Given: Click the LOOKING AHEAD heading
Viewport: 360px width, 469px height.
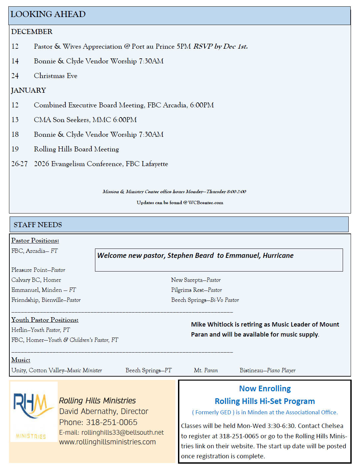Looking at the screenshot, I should [x=48, y=14].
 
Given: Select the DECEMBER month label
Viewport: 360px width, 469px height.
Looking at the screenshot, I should [x=32, y=32].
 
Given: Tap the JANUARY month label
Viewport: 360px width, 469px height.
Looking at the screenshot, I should [x=28, y=90].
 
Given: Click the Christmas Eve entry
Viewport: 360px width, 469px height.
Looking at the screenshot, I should [x=55, y=76].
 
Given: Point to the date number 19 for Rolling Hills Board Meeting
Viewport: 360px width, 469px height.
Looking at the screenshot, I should [x=15, y=149].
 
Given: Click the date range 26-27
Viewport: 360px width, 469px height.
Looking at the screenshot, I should [x=19, y=164].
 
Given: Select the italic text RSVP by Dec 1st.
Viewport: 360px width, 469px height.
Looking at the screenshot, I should [x=220, y=46].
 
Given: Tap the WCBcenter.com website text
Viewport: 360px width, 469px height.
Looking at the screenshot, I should [x=206, y=202].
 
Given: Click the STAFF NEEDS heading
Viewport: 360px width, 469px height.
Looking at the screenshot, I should [x=38, y=225].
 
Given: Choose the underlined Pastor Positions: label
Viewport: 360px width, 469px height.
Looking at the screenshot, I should [x=35, y=241].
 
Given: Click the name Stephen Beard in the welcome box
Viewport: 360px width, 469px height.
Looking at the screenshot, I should [x=190, y=256].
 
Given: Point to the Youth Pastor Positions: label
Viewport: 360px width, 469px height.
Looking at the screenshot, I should [x=45, y=320].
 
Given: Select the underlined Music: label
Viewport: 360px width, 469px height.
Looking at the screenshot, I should [x=21, y=360].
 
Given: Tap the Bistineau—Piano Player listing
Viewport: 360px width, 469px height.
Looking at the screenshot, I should [x=267, y=370].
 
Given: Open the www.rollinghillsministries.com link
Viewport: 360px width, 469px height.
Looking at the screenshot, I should [x=107, y=442].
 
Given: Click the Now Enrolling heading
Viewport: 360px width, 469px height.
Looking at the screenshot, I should [x=265, y=389].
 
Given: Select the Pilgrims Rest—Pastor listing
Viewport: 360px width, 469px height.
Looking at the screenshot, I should [x=196, y=290].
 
